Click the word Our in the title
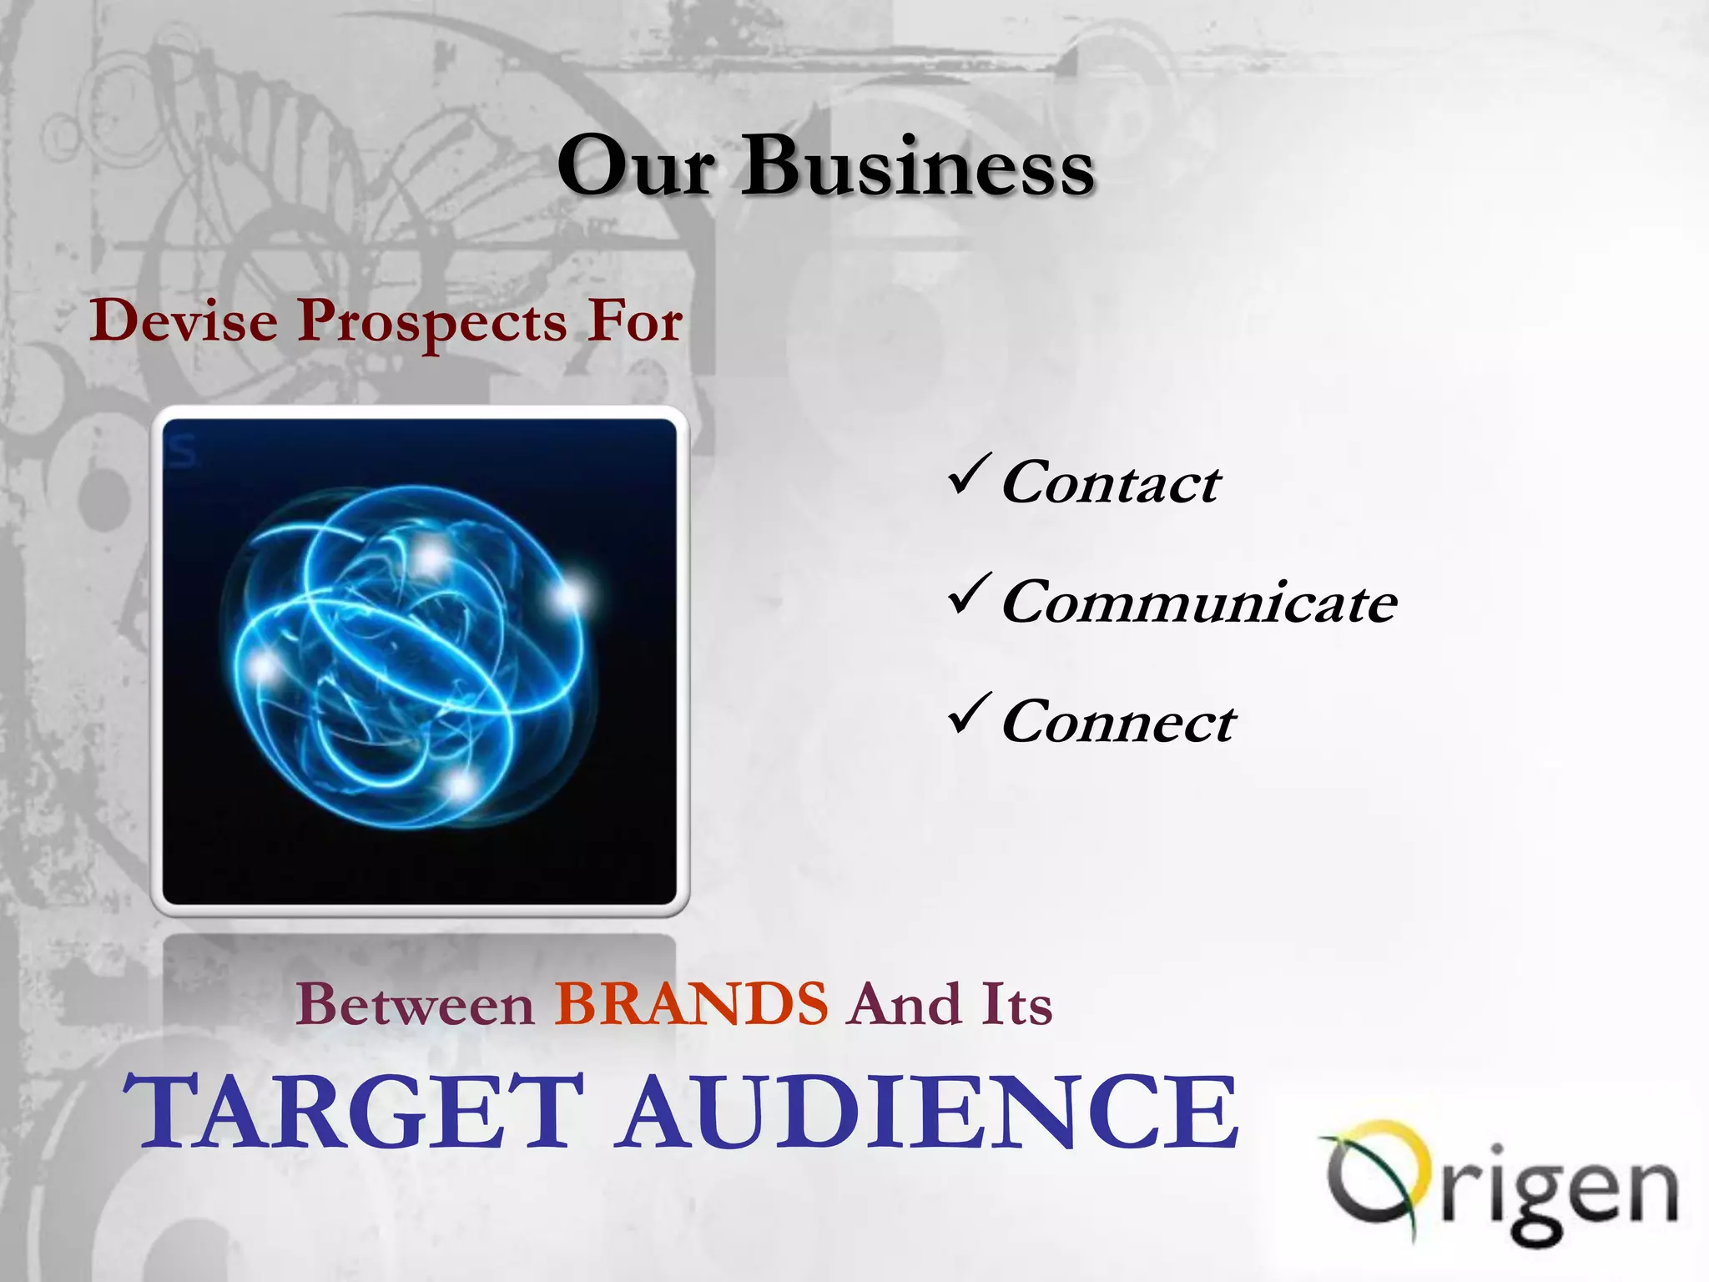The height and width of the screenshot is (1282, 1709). click(x=636, y=167)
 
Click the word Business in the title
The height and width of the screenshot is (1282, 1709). click(x=917, y=167)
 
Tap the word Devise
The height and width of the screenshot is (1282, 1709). click(x=184, y=321)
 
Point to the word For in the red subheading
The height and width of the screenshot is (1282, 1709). click(x=634, y=321)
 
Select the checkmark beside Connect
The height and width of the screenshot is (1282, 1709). click(x=970, y=714)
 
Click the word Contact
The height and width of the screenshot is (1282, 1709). click(x=1111, y=483)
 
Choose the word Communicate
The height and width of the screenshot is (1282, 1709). click(x=1199, y=603)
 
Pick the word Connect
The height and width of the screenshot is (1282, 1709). click(x=1118, y=722)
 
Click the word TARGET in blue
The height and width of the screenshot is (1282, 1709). click(x=354, y=1112)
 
